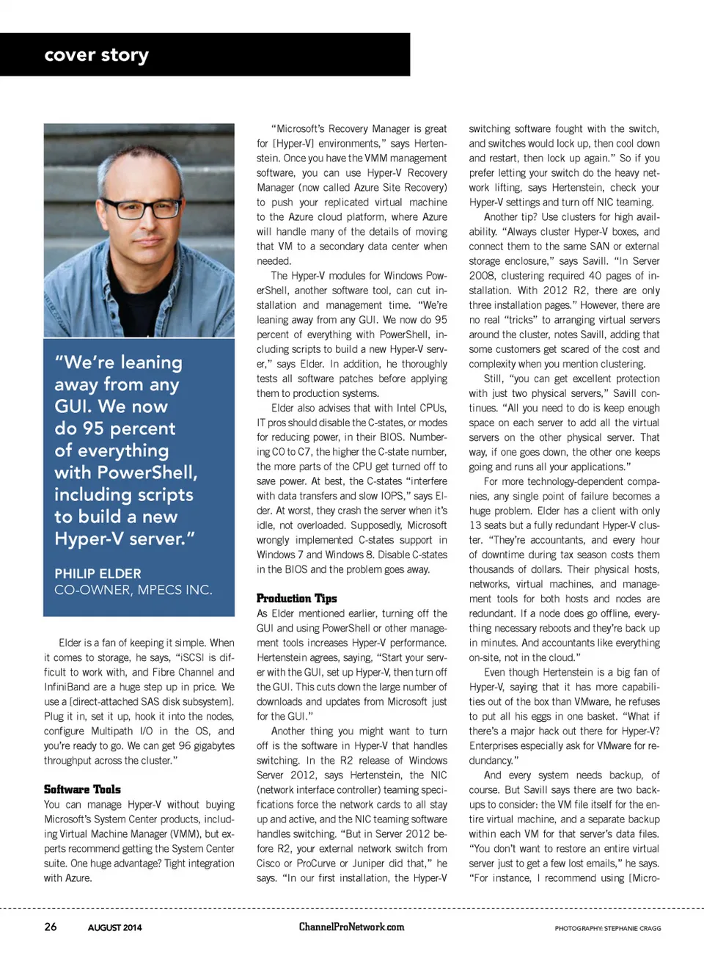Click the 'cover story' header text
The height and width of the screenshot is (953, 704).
point(96,55)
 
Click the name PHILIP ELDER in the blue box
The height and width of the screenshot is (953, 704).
point(98,574)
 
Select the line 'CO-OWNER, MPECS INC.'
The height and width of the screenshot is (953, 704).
point(133,590)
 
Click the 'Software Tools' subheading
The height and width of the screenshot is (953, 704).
point(82,789)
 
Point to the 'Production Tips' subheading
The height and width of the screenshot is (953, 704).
point(296,599)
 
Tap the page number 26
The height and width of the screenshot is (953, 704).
point(51,927)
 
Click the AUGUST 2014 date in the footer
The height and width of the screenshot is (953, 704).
point(114,927)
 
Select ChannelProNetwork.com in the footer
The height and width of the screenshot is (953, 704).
point(351,927)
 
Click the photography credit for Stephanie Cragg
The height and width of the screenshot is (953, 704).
point(607,928)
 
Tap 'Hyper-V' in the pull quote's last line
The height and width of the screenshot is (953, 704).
point(89,538)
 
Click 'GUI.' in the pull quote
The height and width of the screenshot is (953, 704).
point(73,406)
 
